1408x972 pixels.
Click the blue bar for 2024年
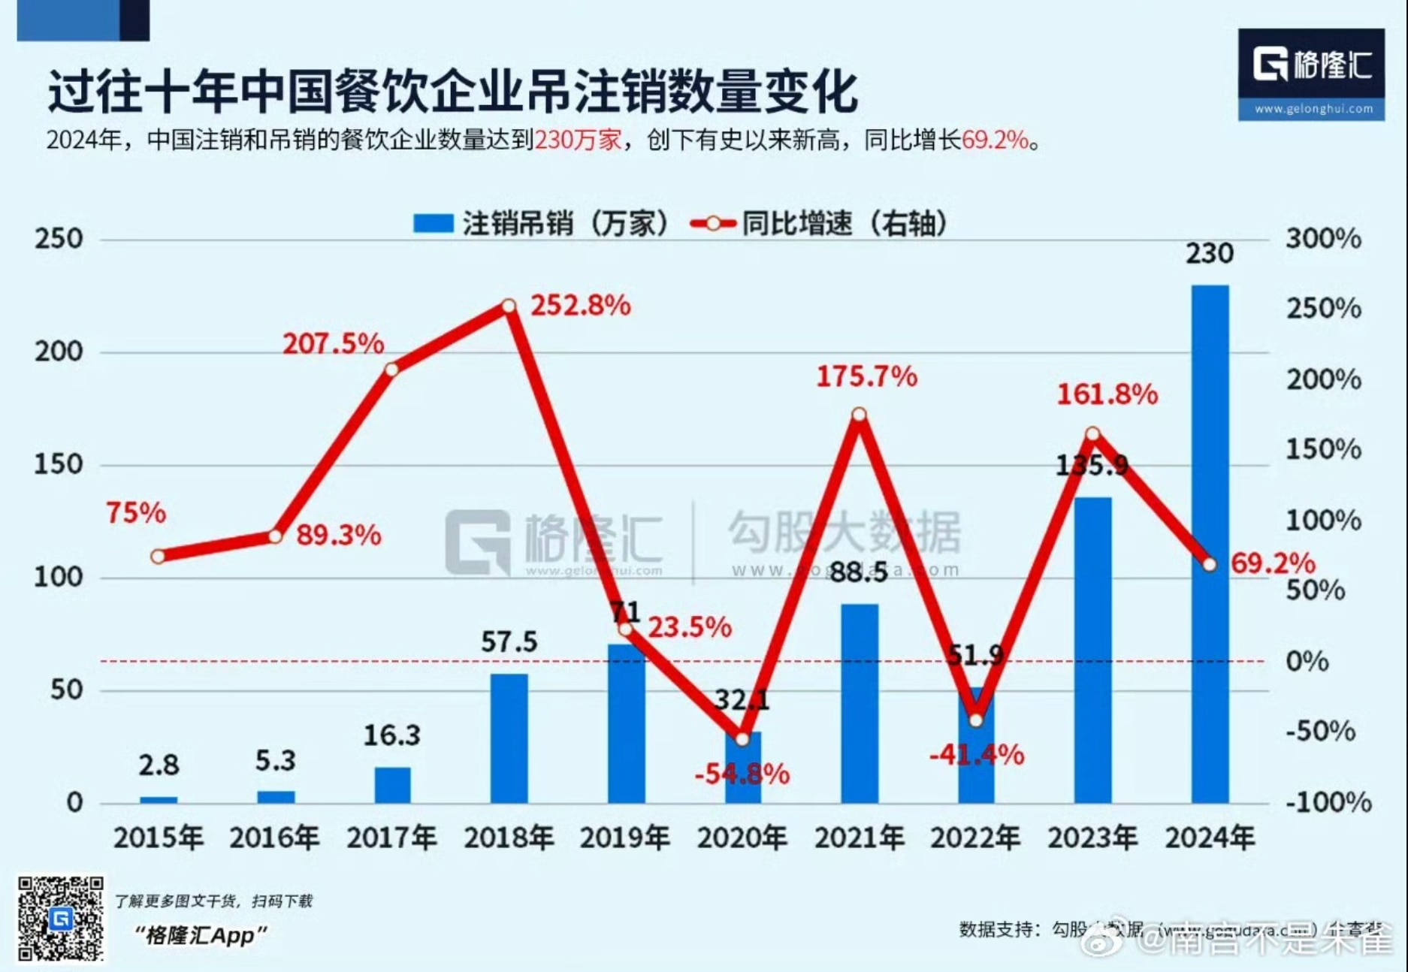click(x=1209, y=544)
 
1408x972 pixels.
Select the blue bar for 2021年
click(x=859, y=703)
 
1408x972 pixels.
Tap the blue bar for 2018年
click(x=509, y=738)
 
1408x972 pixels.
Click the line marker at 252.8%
click(x=509, y=306)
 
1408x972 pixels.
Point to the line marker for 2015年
click(x=158, y=557)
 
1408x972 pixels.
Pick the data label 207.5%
click(x=333, y=344)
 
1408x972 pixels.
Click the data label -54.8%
click(x=742, y=773)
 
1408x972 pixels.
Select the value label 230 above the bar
click(x=1209, y=253)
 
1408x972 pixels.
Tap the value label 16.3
click(x=391, y=735)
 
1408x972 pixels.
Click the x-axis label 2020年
click(x=742, y=838)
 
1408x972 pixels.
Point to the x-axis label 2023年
click(x=1092, y=838)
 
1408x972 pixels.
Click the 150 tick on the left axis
click(x=58, y=464)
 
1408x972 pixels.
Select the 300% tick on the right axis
click(x=1322, y=239)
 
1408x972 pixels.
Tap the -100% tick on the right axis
click(x=1328, y=802)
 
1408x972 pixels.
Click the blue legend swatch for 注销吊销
click(x=433, y=223)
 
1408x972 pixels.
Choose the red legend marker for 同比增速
click(x=712, y=223)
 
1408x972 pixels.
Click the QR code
click(x=61, y=918)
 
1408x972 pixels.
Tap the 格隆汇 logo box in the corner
click(x=1311, y=74)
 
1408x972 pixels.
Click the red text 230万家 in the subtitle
click(x=578, y=140)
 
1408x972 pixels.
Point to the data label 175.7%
click(x=866, y=376)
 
